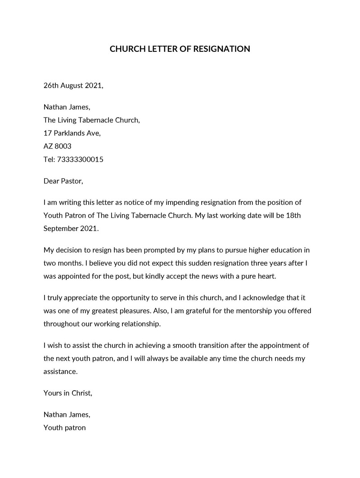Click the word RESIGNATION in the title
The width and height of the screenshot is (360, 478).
(x=221, y=49)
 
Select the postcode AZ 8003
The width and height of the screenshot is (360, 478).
(x=57, y=146)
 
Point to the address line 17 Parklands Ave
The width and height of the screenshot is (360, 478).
(x=72, y=133)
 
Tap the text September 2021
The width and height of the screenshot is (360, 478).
(x=70, y=228)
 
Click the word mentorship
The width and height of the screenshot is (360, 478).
(x=253, y=311)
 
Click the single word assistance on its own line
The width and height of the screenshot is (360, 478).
(x=60, y=372)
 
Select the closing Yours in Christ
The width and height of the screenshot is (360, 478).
(x=67, y=393)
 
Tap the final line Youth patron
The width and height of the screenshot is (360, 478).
(x=64, y=428)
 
